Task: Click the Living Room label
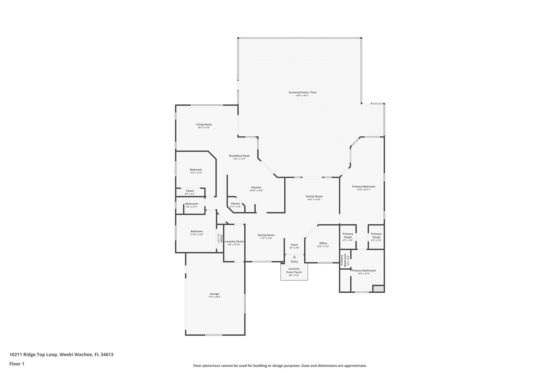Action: tap(204, 125)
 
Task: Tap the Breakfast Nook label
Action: tap(239, 156)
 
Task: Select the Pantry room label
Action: tap(235, 204)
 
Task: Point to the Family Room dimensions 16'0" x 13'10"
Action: tap(314, 199)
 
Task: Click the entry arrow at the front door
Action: tap(294, 257)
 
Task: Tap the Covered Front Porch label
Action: tap(294, 271)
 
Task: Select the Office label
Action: tap(323, 243)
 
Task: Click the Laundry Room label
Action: tap(234, 242)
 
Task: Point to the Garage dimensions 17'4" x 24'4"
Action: tap(214, 297)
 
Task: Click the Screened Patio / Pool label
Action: tap(302, 92)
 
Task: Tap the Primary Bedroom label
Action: tap(363, 187)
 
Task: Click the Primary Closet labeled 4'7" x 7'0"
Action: tap(348, 236)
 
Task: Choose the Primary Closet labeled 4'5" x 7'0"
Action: tap(376, 236)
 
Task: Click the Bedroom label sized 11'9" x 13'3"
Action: tap(196, 170)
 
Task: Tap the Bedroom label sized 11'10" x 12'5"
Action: tap(197, 231)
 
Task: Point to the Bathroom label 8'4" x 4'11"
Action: tap(192, 204)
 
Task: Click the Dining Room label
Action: tap(266, 235)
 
